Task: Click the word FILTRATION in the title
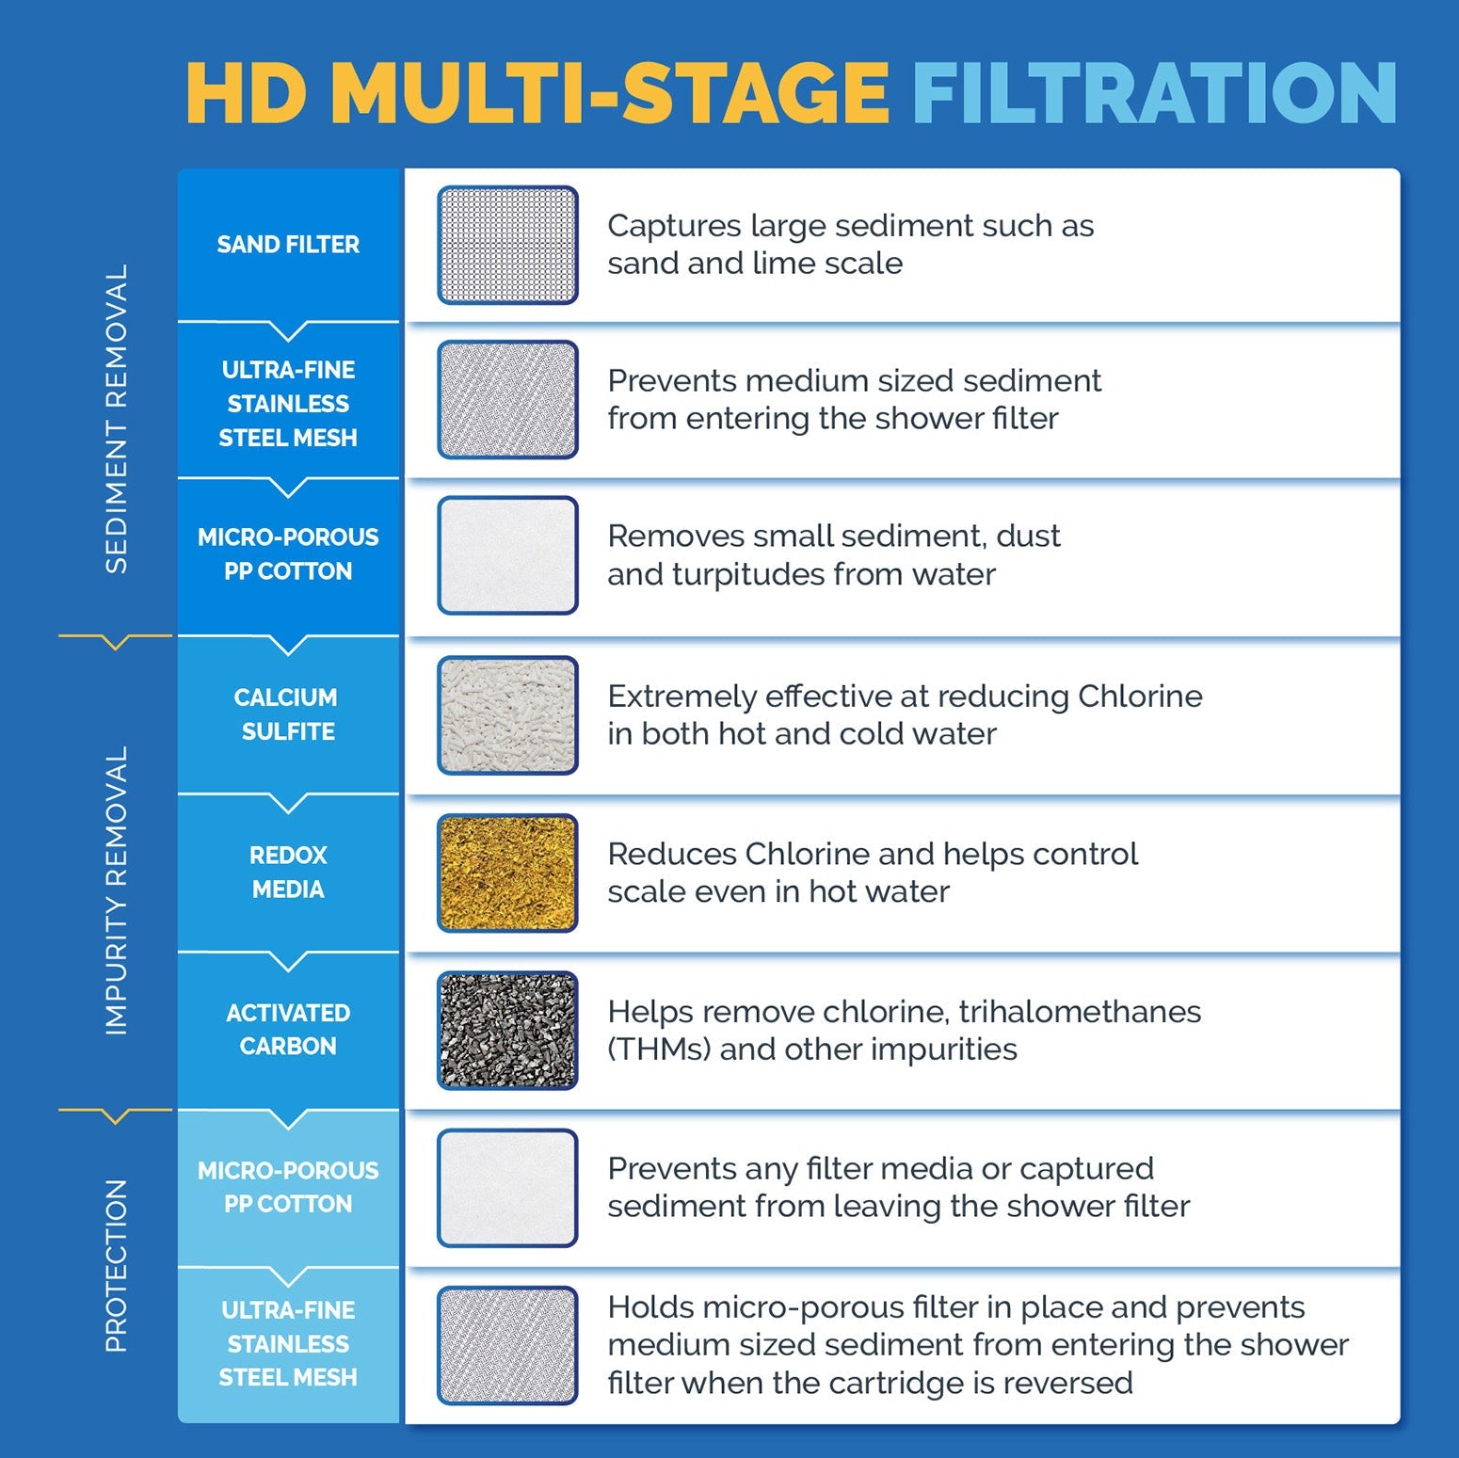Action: [x=1154, y=93]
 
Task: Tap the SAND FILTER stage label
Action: [x=288, y=245]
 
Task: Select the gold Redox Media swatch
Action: [x=507, y=873]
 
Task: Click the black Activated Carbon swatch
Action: [x=507, y=1031]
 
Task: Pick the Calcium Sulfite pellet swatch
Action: [x=507, y=715]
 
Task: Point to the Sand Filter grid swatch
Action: [x=507, y=245]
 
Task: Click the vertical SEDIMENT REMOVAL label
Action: [x=116, y=419]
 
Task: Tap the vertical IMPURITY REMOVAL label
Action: [x=116, y=890]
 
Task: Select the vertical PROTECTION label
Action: [x=116, y=1265]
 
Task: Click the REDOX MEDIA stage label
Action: [x=288, y=872]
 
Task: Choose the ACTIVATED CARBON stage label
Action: [x=288, y=1029]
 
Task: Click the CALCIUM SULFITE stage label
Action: [x=287, y=713]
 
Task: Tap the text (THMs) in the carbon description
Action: [x=659, y=1049]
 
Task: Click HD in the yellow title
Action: [x=247, y=93]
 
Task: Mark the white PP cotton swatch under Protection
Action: [x=507, y=1188]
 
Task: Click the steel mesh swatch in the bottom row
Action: [x=507, y=1345]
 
